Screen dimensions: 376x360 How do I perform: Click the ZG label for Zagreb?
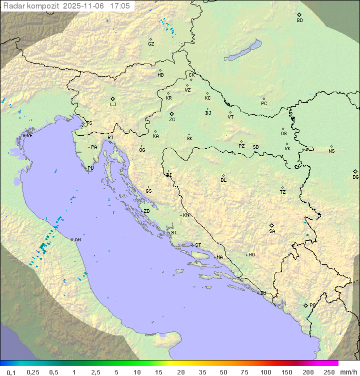click(172, 120)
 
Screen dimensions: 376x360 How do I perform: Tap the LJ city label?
click(113, 105)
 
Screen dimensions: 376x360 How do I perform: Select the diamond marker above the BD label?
click(299, 15)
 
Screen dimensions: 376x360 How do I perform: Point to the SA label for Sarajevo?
click(272, 231)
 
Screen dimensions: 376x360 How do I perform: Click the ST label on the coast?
click(198, 245)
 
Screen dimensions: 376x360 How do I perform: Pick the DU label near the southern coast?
click(262, 293)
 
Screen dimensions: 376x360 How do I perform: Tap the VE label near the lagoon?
click(29, 136)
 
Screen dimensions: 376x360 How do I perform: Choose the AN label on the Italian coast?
click(77, 240)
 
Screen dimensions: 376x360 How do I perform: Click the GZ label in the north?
click(151, 44)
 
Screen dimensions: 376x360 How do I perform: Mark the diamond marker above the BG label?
click(355, 171)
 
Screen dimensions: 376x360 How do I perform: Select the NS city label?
click(331, 151)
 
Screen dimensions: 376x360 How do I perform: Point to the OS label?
click(283, 134)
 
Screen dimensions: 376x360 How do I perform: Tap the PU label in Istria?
click(90, 168)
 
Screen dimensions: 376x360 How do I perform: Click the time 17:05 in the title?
click(120, 6)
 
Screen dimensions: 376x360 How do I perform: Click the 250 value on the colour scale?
click(329, 372)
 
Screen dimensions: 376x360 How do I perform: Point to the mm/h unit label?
click(348, 372)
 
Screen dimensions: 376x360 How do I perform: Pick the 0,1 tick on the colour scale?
click(11, 372)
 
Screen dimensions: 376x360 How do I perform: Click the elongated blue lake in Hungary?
click(242, 51)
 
